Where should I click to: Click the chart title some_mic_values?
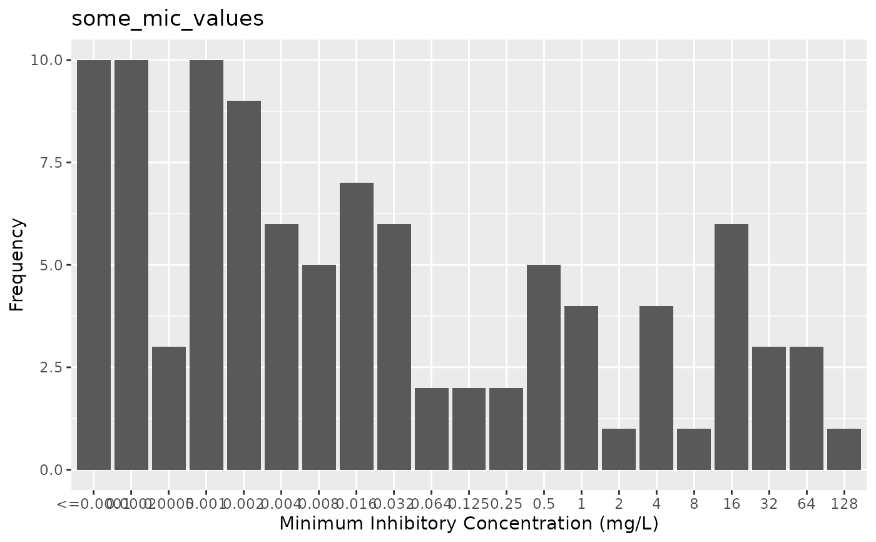168,19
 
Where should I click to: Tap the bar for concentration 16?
731,347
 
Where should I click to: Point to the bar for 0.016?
357,326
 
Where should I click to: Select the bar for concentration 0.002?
244,285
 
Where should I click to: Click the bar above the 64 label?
807,408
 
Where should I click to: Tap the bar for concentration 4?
656,387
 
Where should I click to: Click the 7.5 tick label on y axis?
51,163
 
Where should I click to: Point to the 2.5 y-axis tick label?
51,367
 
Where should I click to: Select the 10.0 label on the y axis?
48,60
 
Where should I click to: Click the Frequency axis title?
18,265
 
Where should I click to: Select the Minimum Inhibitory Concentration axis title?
469,523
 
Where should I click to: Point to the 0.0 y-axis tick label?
51,469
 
